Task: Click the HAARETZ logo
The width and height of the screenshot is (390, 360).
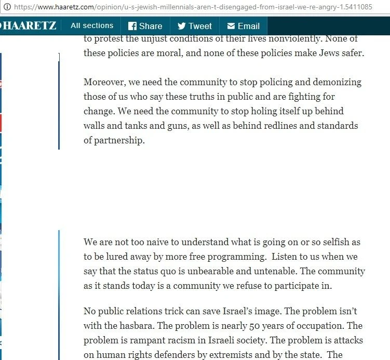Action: [x=29, y=25]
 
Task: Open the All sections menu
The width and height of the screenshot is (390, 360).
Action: [x=92, y=25]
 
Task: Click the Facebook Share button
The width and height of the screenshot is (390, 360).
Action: [x=145, y=26]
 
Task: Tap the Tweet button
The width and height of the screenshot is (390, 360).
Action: [x=195, y=26]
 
